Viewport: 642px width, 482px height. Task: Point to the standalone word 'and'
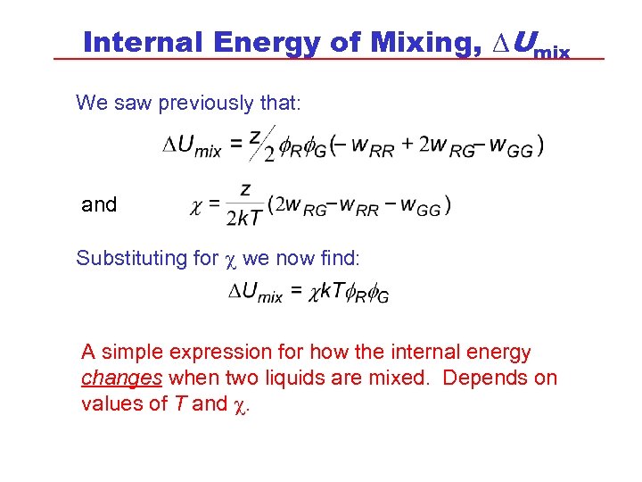99,204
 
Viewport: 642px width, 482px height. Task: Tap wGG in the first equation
513,147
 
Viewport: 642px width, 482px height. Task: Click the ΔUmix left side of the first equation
192,148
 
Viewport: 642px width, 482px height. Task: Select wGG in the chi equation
420,206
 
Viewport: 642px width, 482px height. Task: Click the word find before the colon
338,259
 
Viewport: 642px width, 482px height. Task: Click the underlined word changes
121,378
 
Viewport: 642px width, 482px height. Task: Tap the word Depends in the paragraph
486,378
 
